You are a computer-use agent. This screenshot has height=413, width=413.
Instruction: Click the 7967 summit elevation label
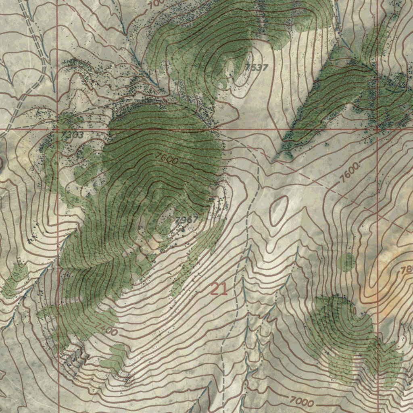[x=187, y=220]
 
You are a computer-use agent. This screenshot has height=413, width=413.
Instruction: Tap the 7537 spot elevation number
[x=257, y=67]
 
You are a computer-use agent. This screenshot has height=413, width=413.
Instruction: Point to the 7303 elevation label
[x=73, y=135]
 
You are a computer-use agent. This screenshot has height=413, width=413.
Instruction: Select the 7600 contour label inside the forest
[x=166, y=159]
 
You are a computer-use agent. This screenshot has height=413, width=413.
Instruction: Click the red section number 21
[x=219, y=289]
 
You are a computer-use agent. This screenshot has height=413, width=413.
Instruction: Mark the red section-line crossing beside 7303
[x=57, y=129]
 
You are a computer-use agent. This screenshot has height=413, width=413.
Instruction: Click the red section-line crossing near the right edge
[x=378, y=129]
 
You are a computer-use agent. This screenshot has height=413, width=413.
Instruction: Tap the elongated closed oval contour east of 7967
[x=279, y=210]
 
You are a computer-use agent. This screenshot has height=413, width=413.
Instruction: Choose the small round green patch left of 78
[x=346, y=262]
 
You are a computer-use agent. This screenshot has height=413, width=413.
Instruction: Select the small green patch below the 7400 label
[x=117, y=357]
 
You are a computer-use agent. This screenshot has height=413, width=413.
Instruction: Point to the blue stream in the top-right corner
[x=339, y=20]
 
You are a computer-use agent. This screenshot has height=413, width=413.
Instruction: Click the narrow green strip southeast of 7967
[x=198, y=254]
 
